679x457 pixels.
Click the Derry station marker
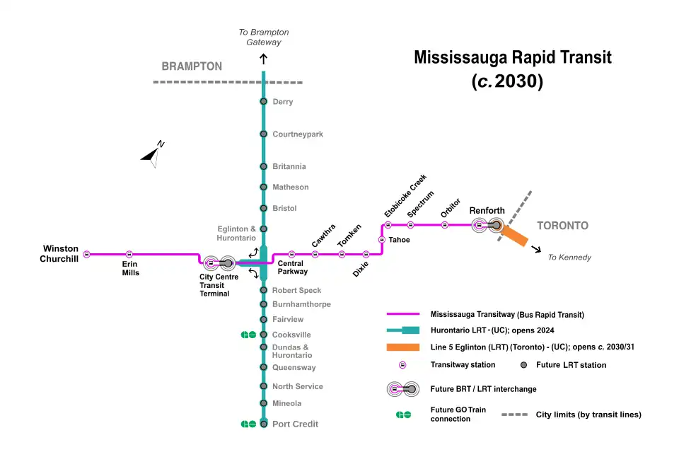pyautogui.click(x=264, y=102)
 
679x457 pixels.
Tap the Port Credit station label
pyautogui.click(x=295, y=424)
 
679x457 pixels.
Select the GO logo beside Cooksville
pyautogui.click(x=248, y=335)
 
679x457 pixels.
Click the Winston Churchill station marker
pyautogui.click(x=87, y=254)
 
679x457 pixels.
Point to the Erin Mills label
pyautogui.click(x=130, y=268)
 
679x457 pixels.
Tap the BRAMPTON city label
pyautogui.click(x=192, y=66)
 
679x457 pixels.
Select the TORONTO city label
pyautogui.click(x=562, y=226)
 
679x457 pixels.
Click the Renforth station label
pyautogui.click(x=487, y=211)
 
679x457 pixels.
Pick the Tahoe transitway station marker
pyautogui.click(x=382, y=240)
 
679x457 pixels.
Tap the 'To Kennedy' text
pyautogui.click(x=569, y=258)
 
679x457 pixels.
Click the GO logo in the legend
pyautogui.click(x=403, y=415)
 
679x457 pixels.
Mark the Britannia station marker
pyautogui.click(x=264, y=167)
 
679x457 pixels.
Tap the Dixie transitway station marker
pyautogui.click(x=366, y=254)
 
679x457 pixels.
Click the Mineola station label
pyautogui.click(x=286, y=404)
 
